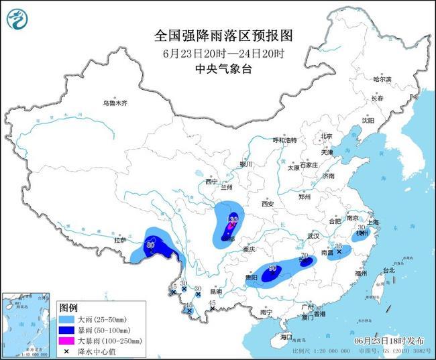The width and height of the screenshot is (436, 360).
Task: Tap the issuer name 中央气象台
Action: pos(217,69)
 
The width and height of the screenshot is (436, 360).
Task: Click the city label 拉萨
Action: pos(120,239)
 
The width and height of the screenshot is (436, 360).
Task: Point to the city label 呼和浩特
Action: pos(284,140)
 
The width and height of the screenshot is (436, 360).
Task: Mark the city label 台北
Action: pos(388,271)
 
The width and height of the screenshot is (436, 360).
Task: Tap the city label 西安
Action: pos(269,203)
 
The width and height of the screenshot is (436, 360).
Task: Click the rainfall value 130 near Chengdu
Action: pos(233,219)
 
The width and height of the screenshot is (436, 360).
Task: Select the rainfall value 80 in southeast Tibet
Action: pos(150,245)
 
